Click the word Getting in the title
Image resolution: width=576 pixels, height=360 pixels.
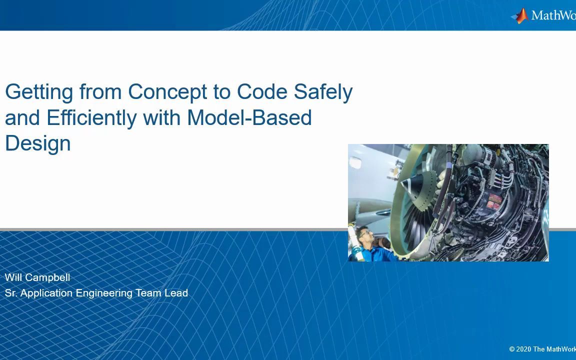tap(39, 92)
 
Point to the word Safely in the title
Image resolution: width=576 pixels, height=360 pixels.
tap(323, 92)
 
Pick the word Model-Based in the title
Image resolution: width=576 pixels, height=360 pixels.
tap(249, 117)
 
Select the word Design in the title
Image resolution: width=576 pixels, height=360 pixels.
tap(38, 144)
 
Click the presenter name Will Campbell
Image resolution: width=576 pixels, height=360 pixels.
tap(37, 277)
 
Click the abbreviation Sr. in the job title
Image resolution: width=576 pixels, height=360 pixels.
tap(11, 293)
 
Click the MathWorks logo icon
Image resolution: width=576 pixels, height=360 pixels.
tap(520, 16)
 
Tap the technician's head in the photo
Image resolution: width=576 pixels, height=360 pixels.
tap(364, 236)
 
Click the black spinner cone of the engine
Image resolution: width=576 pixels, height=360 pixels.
tap(413, 183)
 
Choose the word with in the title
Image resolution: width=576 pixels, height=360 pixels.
tap(161, 117)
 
